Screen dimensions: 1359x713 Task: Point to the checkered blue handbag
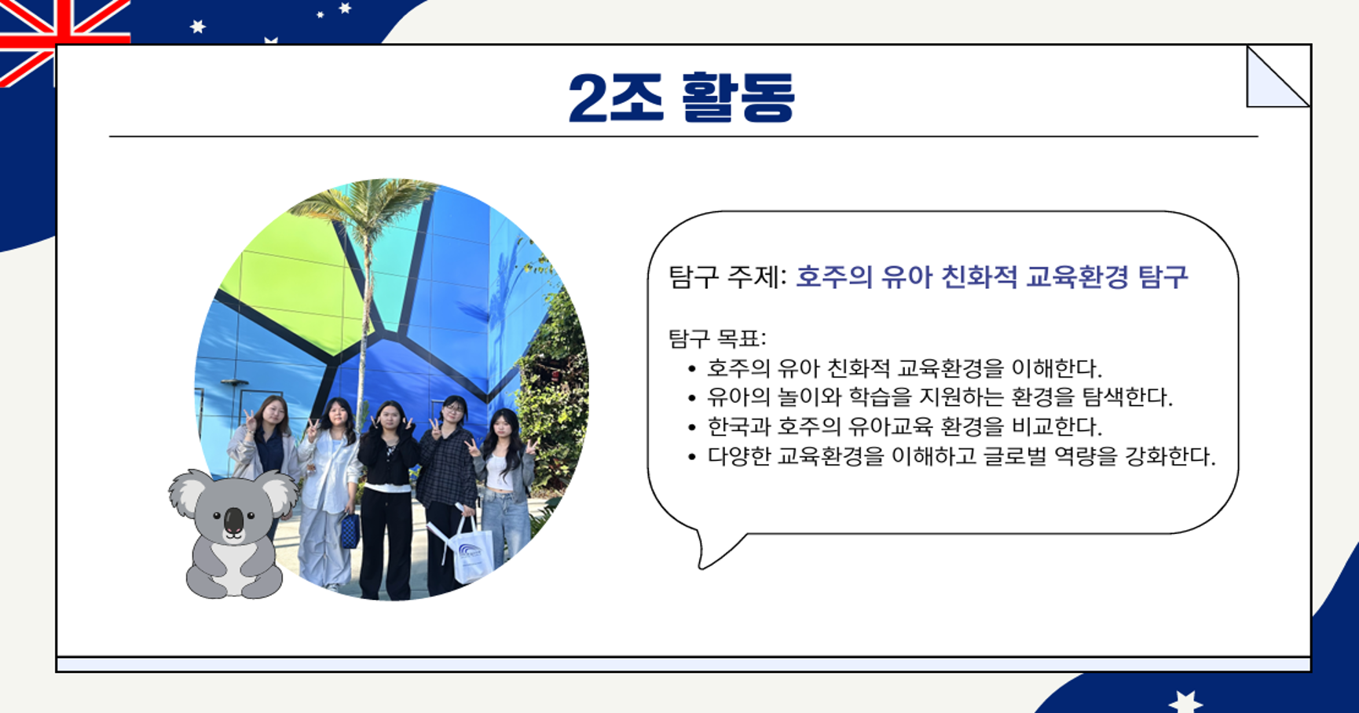tap(350, 530)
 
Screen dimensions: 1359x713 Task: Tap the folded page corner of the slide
tap(1277, 76)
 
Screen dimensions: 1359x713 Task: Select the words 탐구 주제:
tap(727, 277)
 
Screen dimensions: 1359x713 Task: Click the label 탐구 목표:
tap(717, 338)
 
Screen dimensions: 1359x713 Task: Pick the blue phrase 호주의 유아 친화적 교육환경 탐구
tap(992, 277)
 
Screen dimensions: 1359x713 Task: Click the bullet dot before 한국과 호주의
tap(691, 428)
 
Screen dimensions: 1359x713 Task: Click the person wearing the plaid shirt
tap(448, 487)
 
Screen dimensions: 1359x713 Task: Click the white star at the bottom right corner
tap(1185, 701)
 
